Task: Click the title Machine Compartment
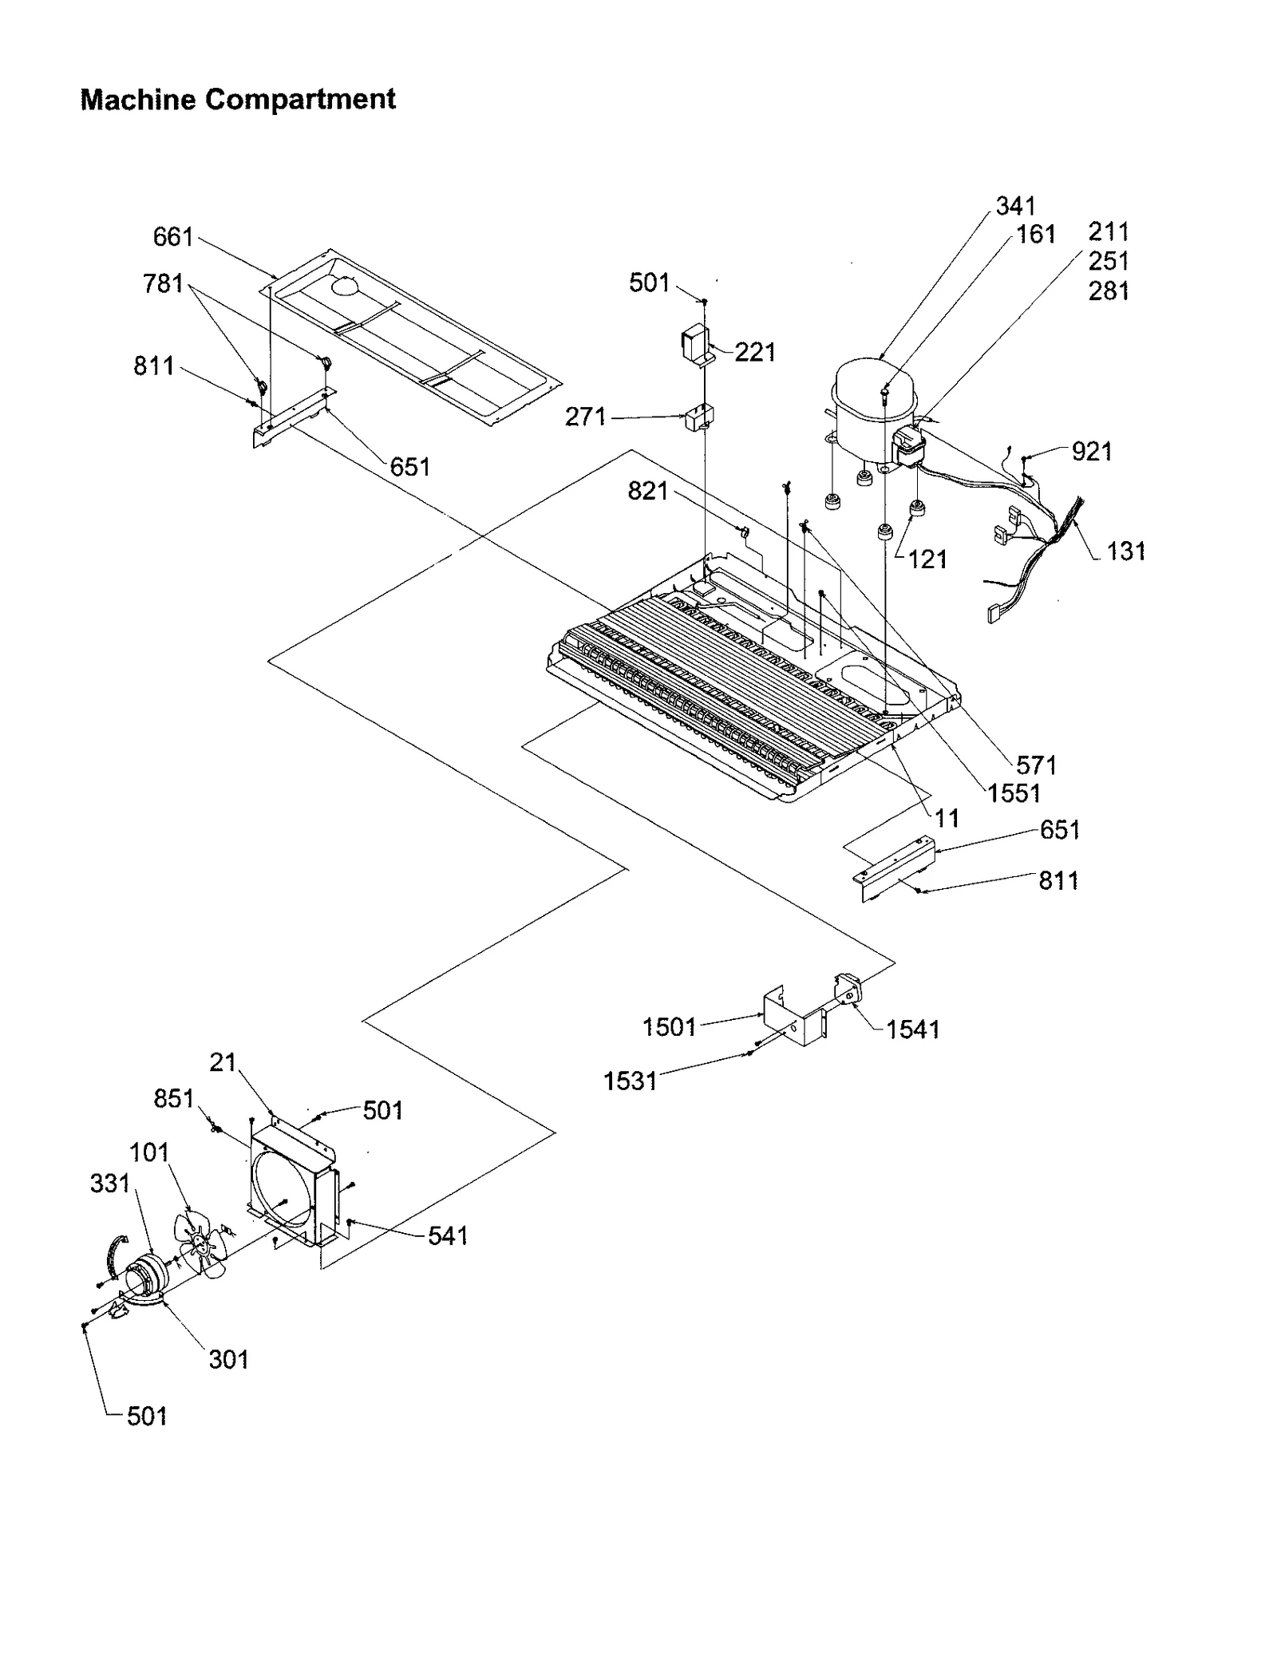coord(238,100)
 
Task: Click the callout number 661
coord(173,237)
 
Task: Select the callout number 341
coord(1015,206)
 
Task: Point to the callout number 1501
coord(669,1027)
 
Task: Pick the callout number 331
coord(109,1184)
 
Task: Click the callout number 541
coord(448,1236)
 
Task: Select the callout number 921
coord(1091,452)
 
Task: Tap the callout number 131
coord(1125,551)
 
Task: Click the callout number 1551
coord(1014,793)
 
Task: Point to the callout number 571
coord(1036,765)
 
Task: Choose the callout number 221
coord(754,352)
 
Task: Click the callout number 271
coord(586,417)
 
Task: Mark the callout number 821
coord(647,491)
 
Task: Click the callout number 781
coord(163,283)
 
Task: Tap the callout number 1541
coord(912,1030)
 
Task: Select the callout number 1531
coord(630,1081)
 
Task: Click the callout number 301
coord(229,1359)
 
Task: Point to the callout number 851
coord(174,1099)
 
